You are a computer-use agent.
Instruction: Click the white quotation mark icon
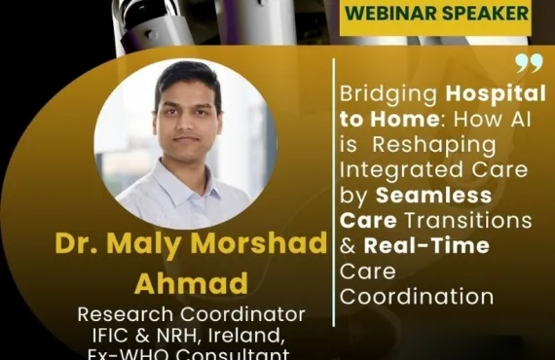tap(529, 64)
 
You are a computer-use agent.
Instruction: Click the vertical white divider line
tap(334, 195)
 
